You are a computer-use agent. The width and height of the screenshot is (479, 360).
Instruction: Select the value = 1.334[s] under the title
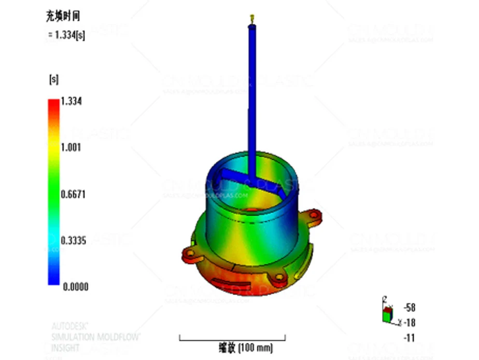tap(66, 35)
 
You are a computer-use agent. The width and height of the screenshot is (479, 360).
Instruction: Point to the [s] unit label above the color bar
tap(53, 79)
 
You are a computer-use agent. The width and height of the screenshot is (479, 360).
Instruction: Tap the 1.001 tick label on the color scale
tap(72, 147)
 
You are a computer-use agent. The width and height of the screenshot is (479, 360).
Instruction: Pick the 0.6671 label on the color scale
tap(74, 194)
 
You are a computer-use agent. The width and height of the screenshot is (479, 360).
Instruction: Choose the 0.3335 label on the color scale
tap(74, 240)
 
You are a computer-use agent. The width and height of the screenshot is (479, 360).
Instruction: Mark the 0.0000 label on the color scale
tap(75, 286)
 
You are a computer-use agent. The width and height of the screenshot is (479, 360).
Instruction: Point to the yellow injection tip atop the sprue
tap(252, 18)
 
